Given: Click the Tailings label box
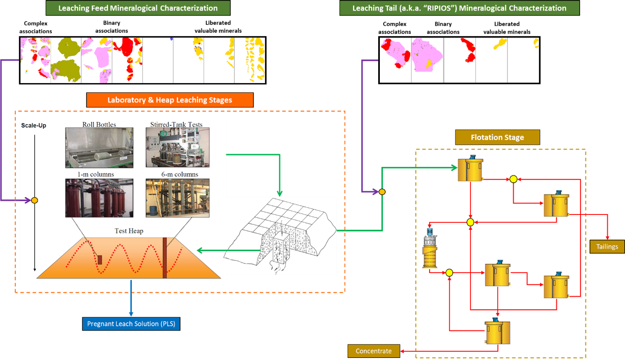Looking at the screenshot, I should coord(607,247).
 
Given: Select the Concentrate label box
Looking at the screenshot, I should coord(374,351).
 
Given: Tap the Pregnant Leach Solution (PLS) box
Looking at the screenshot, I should coord(131,324).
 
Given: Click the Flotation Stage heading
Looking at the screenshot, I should coord(497,137).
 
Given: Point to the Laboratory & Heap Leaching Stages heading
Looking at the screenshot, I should coord(170,100).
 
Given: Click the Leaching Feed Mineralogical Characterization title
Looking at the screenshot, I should coord(138,8).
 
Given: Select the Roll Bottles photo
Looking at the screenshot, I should coord(99,148).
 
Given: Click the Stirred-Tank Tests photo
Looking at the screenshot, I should coord(177,148).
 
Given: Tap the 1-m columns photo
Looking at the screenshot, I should coord(99,198).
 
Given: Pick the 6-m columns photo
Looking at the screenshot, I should coord(177,198).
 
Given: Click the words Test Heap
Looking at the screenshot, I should coord(129,231).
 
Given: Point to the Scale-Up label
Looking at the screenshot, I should coord(34,126).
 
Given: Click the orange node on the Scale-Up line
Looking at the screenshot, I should coord(34,200).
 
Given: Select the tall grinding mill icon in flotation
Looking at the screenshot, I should coord(430,248).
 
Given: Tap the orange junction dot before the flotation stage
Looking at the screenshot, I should coord(382,192).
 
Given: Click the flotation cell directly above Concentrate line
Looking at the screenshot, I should coord(497,330).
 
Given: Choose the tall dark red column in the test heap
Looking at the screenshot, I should coord(165,258).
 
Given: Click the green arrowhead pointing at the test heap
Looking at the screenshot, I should coord(200,250).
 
